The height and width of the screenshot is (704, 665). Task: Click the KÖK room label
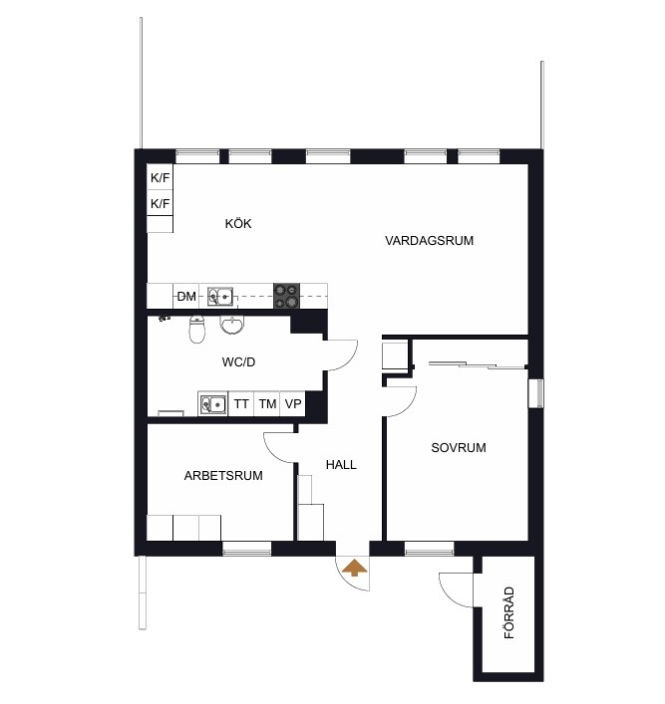coord(238,223)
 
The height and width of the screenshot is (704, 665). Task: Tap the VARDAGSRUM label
coord(429,240)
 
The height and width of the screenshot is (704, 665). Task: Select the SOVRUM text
coord(459,447)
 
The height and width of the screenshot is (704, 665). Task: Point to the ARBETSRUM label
coord(223,475)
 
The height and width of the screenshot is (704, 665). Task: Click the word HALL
coord(341,464)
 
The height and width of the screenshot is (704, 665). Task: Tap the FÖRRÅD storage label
coord(508,612)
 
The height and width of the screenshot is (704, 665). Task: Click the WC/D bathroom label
coord(238,361)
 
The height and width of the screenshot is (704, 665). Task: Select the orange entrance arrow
coord(355,568)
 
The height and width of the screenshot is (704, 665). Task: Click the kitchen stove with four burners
coord(286,296)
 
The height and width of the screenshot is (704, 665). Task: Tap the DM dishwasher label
coord(186,297)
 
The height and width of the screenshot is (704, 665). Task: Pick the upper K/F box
coord(161,177)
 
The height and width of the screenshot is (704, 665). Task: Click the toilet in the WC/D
coord(197,329)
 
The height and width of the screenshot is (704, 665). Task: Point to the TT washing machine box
coord(241,403)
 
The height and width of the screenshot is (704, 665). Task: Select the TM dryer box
coord(267,403)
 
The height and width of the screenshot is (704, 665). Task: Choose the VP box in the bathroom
coord(293,403)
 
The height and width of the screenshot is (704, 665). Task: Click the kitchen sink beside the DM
coord(220,297)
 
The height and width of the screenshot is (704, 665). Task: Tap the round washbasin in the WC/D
coord(232,325)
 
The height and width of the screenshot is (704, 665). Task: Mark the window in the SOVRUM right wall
coord(535,393)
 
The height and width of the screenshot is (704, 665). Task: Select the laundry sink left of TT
coord(212,404)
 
